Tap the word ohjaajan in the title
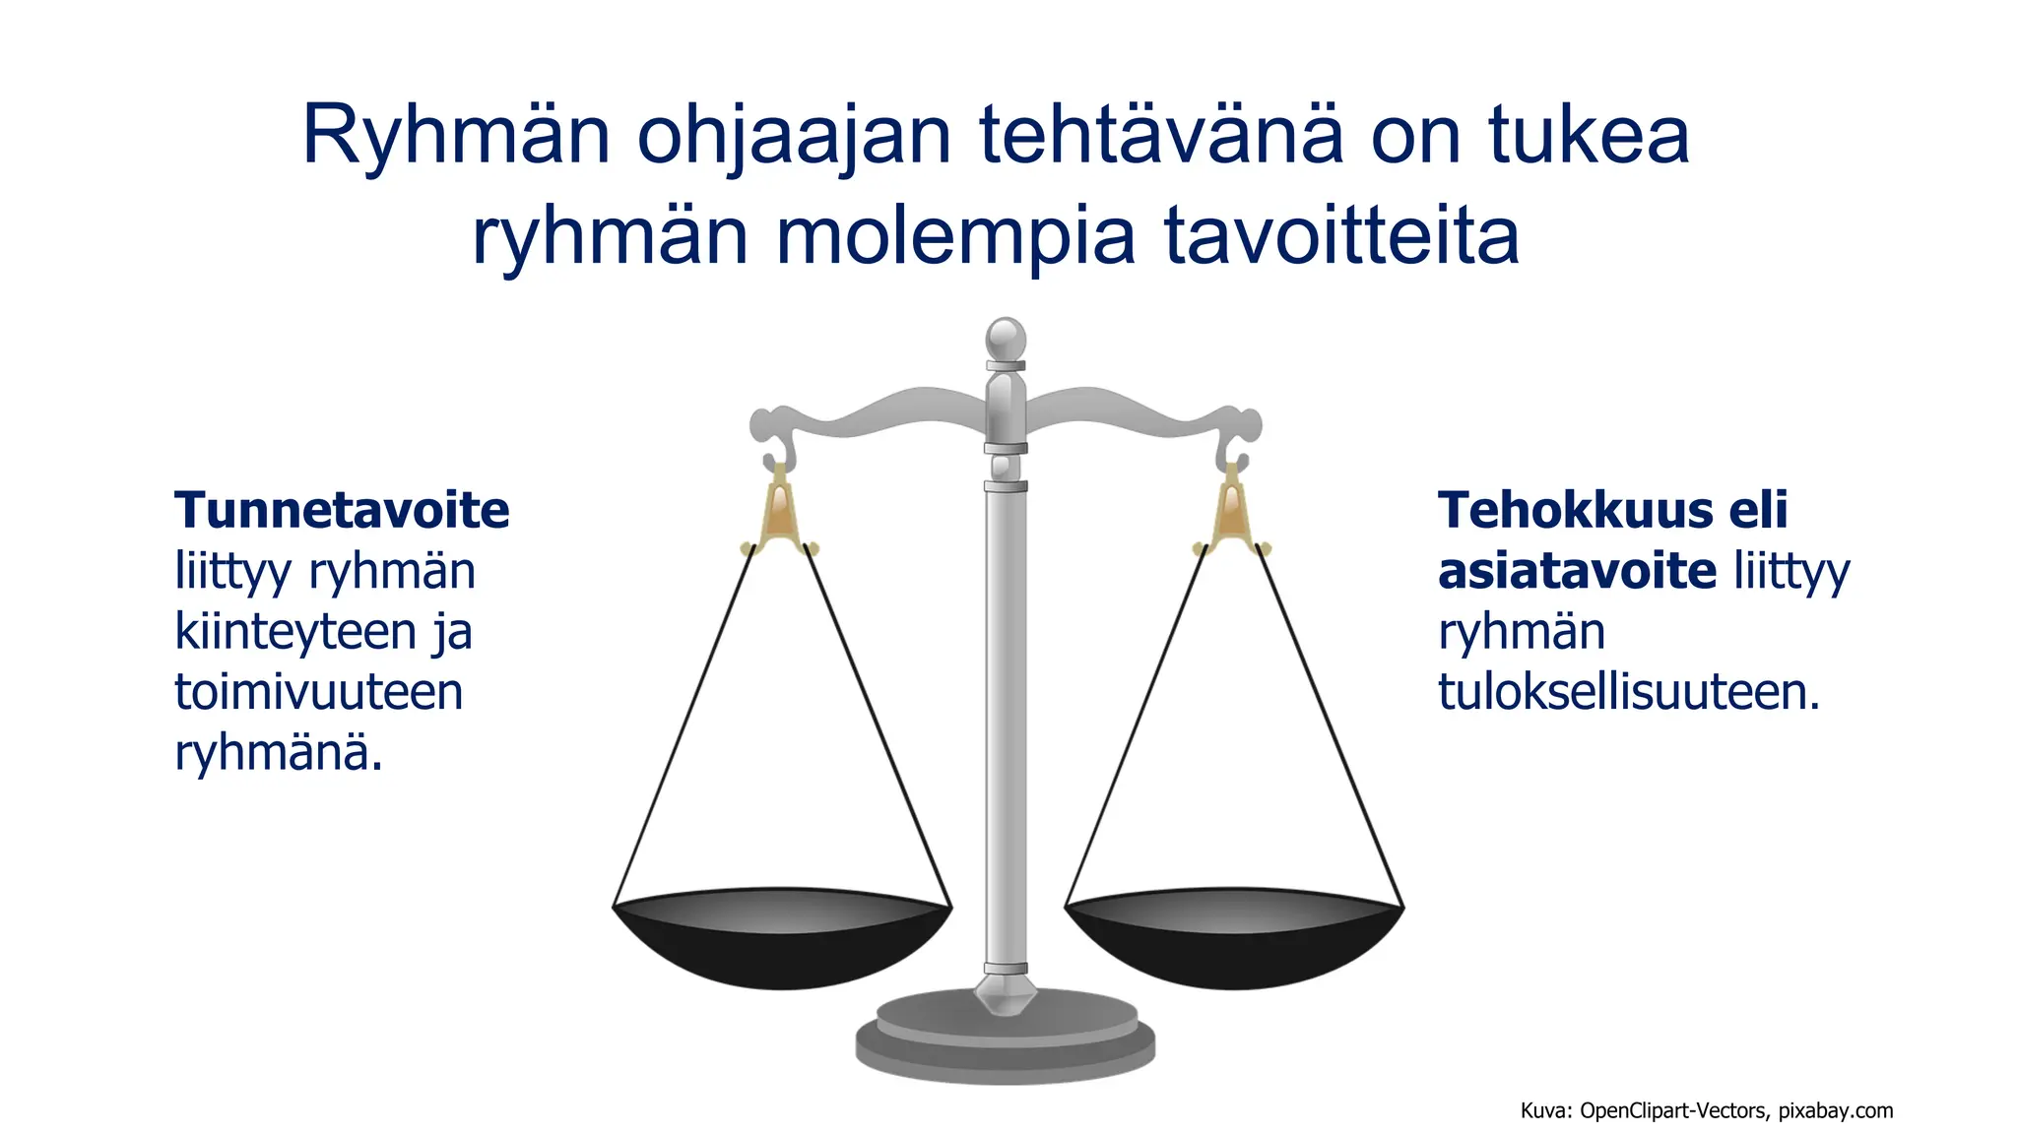pos(794,137)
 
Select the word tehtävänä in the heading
pos(1160,135)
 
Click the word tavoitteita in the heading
pos(1341,235)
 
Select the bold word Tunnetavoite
pos(342,511)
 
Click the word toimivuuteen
pos(318,692)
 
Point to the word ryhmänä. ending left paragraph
pos(278,753)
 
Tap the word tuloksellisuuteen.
pos(1628,692)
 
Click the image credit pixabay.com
pos(1835,1111)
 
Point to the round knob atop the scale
pos(1006,339)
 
